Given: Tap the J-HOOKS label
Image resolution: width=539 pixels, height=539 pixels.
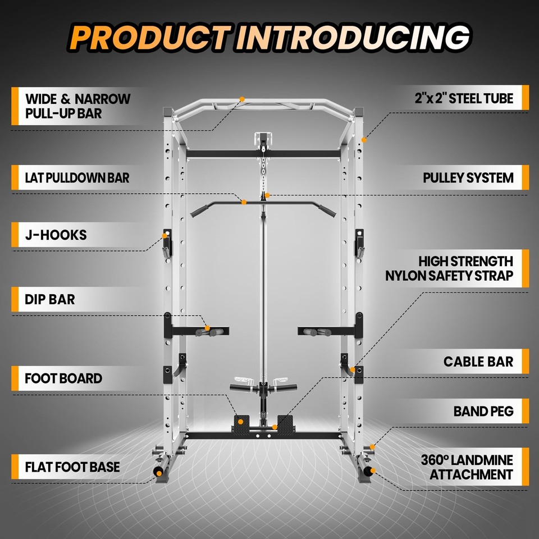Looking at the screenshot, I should point(56,234).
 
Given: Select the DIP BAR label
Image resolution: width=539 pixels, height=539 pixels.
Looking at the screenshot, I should point(50,299).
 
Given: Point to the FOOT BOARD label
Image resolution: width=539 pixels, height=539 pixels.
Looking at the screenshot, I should point(63,378).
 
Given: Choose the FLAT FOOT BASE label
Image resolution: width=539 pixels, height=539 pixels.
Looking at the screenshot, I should point(72,467).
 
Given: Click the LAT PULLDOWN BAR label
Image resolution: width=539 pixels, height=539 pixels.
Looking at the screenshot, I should point(77,178).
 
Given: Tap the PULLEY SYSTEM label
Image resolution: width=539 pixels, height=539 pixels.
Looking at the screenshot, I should point(468,178).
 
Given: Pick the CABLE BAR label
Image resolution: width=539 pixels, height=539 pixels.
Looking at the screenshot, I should point(478,362).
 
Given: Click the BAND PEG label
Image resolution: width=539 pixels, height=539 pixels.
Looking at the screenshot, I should point(483,412).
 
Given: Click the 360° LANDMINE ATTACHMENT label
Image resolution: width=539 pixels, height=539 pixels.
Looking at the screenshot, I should point(467,467).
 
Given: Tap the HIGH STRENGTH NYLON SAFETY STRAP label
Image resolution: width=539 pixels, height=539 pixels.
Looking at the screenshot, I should point(449,268).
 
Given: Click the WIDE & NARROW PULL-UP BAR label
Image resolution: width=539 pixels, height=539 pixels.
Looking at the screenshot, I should point(77,106).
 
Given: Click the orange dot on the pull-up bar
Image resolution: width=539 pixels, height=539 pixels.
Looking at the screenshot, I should point(243,99).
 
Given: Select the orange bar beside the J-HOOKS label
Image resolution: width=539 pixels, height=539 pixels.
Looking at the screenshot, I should point(14,234).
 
